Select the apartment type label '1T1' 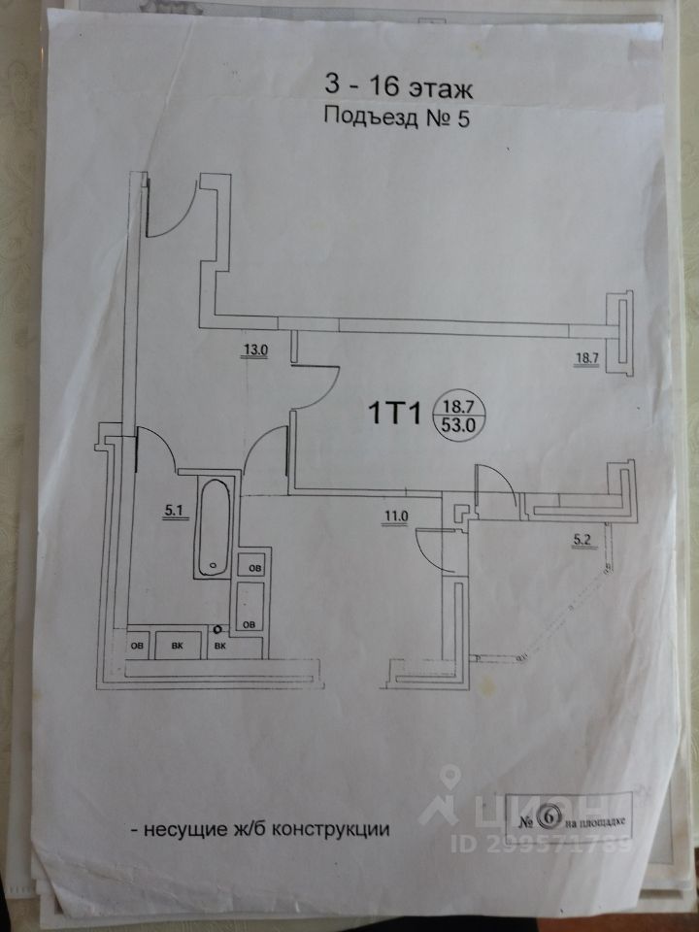pyautogui.click(x=391, y=415)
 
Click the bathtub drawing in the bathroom pyautogui.click(x=212, y=526)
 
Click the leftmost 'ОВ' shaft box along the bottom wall pyautogui.click(x=136, y=646)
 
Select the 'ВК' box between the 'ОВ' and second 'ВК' pyautogui.click(x=178, y=646)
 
